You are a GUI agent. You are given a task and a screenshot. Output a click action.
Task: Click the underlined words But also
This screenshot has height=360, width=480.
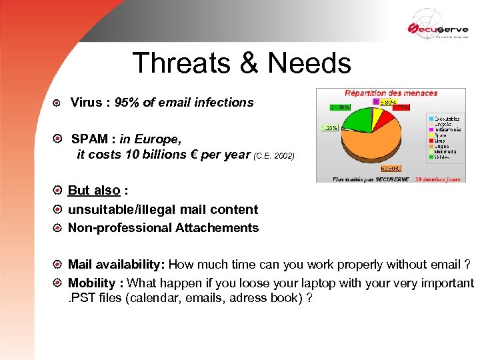94,191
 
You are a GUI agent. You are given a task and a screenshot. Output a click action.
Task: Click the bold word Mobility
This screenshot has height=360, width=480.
91,283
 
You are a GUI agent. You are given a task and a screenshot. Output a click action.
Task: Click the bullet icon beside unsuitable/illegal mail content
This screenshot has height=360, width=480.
59,209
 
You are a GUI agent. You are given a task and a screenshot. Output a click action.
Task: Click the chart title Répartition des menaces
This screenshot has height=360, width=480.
391,93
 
